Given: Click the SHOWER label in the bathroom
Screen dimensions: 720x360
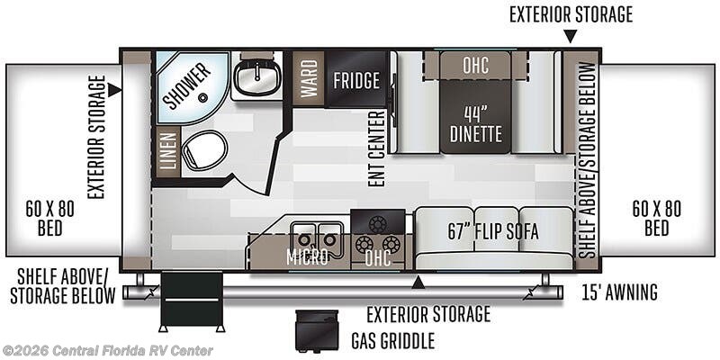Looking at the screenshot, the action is pos(186,85).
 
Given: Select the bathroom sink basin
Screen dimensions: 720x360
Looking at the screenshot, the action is pos(257,78).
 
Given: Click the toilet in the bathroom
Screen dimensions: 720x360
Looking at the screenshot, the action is pos(204,149).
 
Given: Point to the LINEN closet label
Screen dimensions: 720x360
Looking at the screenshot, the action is pos(168,150).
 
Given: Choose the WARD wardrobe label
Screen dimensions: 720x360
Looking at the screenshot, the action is pos(309,78).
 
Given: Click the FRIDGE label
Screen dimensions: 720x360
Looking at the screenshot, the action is pos(356,80).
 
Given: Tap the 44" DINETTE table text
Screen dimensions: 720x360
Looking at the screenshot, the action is pos(476,124).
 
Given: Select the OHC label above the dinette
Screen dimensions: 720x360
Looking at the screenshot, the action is pos(475,65).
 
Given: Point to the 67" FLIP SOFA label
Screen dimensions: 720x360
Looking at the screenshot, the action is pos(493,232).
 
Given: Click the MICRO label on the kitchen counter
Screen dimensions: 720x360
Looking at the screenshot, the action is pos(307,257).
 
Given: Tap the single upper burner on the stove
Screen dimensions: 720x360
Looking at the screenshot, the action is pos(377,223).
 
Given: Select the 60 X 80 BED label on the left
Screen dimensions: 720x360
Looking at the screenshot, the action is pos(49,218).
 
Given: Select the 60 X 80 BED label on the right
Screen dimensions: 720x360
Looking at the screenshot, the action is pos(657,218).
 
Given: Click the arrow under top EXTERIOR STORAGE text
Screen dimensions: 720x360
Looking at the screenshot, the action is pos(571,36).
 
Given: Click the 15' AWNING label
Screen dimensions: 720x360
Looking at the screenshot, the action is pos(619,292).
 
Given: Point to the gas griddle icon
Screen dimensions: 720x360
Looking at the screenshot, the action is pos(317,329).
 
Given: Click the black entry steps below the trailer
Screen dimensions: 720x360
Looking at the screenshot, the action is pos(192,301).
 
